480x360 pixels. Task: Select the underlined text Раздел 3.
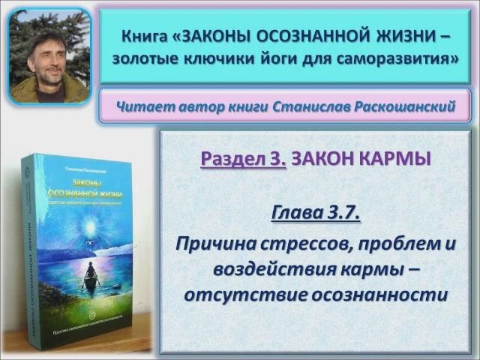point(244,159)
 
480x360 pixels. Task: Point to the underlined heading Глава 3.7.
point(316,216)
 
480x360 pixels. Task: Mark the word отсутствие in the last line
point(238,295)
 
